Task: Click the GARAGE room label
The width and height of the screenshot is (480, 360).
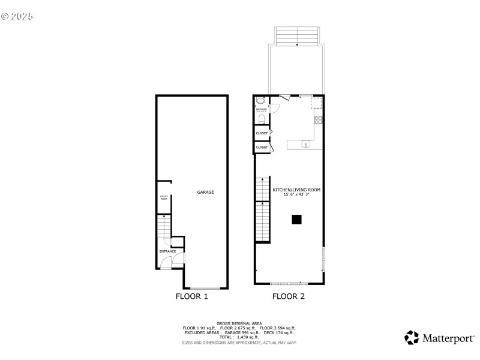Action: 206,192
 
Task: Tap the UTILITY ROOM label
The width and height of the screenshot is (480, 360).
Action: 163,197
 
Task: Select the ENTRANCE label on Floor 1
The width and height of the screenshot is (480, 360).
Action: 167,251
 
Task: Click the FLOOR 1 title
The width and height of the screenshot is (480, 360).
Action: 191,296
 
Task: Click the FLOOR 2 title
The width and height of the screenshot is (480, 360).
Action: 289,296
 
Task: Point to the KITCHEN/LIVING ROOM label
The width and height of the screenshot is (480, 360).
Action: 296,190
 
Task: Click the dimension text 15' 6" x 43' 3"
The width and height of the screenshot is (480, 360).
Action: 296,194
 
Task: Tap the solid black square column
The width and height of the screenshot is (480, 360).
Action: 296,220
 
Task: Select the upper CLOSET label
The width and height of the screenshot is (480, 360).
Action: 262,133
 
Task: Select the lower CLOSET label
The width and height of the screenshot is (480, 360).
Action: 262,147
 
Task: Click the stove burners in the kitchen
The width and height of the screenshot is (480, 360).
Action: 318,119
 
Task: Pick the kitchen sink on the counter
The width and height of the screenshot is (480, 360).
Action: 305,144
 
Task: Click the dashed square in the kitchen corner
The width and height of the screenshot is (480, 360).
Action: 317,104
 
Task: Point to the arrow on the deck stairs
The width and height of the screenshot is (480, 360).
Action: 297,44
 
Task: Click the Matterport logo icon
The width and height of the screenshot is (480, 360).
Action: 412,337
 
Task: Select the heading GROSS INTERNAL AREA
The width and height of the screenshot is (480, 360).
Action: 239,323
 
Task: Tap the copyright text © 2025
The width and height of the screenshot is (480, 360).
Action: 17,16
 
